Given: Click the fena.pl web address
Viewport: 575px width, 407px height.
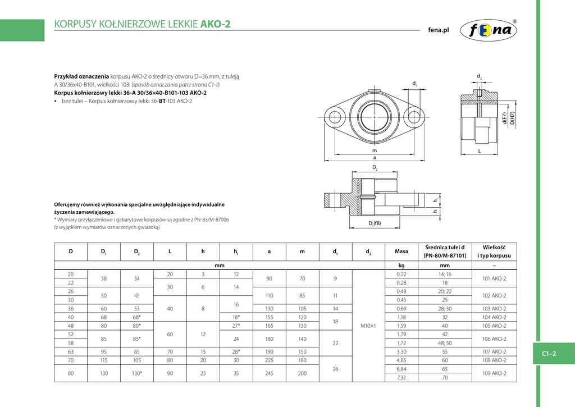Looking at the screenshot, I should [439, 30].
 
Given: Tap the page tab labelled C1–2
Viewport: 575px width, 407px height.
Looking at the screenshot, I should [548, 353].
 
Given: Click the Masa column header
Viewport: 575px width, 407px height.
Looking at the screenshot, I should [401, 251].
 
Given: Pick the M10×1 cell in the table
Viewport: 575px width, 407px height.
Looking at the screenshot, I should [368, 325].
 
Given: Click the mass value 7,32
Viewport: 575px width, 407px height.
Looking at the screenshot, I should [401, 377].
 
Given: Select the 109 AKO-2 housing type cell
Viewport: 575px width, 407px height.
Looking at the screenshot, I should [494, 373].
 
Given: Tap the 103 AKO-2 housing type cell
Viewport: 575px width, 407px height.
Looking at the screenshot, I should [494, 308].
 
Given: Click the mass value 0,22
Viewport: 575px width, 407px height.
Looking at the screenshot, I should [401, 274].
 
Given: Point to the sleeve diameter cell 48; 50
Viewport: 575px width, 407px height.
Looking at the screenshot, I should [444, 342].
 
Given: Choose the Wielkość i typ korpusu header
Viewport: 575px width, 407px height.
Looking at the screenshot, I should [494, 251].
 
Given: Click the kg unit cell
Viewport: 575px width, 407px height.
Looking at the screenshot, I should [401, 265].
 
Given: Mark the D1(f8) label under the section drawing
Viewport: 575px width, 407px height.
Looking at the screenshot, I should [375, 223].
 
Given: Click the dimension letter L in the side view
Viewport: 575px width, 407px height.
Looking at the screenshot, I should [480, 152].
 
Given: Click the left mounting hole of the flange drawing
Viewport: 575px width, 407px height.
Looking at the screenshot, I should [336, 117].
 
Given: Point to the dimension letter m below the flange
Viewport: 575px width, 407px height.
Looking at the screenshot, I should [375, 151].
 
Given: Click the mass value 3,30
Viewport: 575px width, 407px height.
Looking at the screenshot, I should [401, 351].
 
